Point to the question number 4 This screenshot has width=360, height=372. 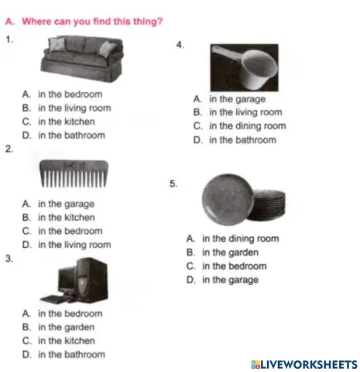point(180,45)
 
